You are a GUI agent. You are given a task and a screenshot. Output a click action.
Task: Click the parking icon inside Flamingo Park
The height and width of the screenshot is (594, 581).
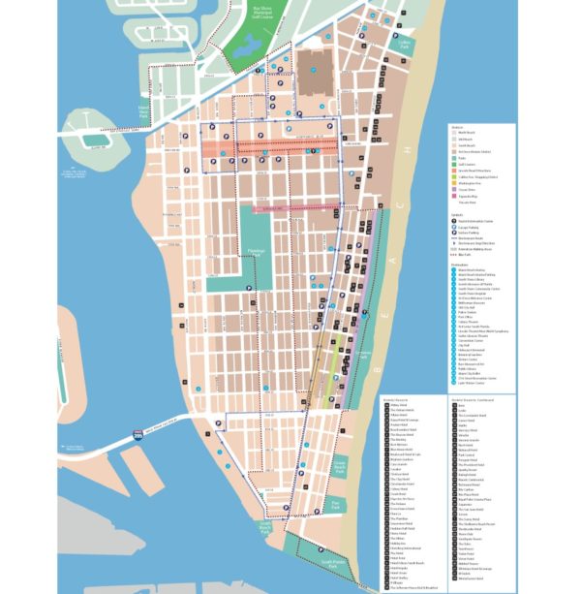pyautogui.click(x=249, y=288)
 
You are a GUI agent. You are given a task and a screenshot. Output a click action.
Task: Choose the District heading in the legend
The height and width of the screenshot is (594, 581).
pyautogui.click(x=457, y=127)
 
